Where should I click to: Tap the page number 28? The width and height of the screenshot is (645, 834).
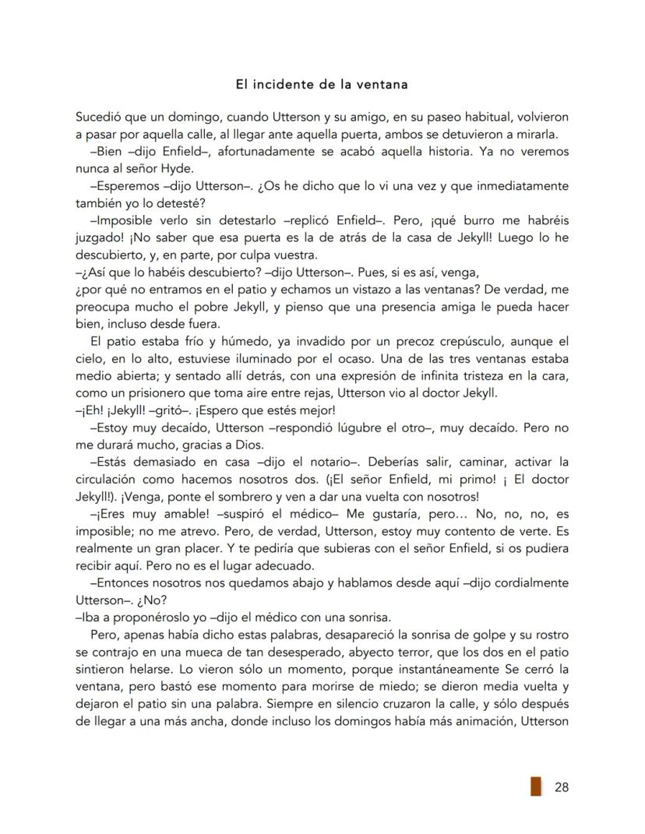tap(561, 786)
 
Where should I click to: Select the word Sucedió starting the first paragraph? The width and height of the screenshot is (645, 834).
tap(95, 118)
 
